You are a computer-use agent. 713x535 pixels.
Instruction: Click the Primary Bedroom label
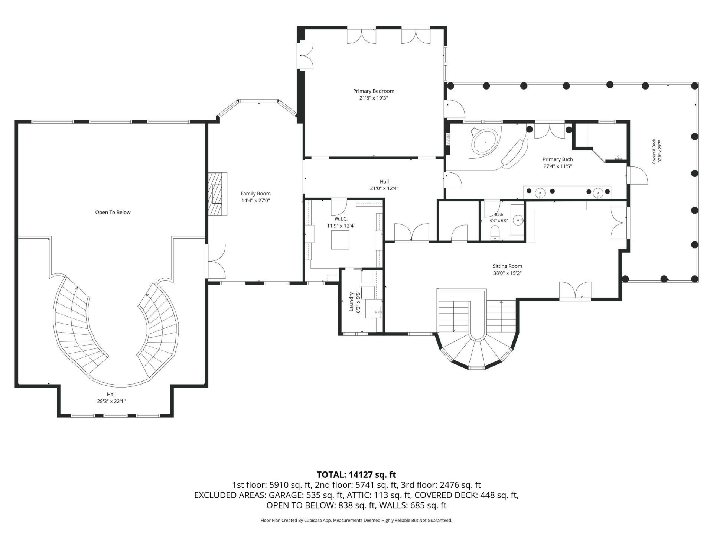373,91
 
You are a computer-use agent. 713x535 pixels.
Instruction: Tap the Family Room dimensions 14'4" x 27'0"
255,201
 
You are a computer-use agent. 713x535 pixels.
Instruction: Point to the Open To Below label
113,213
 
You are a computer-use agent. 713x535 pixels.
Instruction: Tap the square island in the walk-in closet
341,240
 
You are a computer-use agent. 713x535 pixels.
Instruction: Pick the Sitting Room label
507,266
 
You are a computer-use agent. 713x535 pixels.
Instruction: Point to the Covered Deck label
654,151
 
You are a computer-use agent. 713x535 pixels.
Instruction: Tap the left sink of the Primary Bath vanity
540,193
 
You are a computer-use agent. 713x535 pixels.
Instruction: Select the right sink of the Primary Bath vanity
598,193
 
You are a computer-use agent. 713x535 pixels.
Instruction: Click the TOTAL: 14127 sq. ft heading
356,475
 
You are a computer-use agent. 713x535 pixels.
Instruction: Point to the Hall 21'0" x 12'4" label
384,185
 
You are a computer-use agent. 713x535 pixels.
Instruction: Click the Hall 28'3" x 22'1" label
111,398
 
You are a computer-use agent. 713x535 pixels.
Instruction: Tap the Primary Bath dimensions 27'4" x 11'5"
557,166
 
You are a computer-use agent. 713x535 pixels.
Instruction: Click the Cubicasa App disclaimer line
356,521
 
